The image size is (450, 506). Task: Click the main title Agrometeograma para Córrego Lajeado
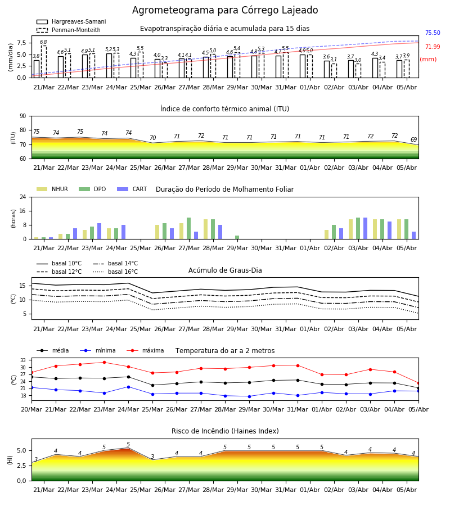click(x=225, y=10)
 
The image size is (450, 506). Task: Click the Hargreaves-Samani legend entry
click(x=71, y=21)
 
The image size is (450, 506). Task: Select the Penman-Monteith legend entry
click(x=69, y=30)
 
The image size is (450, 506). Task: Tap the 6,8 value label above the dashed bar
click(x=43, y=42)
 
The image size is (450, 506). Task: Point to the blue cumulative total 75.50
click(x=433, y=33)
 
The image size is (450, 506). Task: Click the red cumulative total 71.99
click(x=433, y=47)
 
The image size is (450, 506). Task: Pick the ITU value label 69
click(x=414, y=140)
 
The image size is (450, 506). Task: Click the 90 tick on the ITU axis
click(x=23, y=116)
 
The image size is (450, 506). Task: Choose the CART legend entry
click(x=132, y=189)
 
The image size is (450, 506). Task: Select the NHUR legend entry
click(x=52, y=189)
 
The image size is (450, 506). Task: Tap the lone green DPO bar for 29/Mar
click(x=237, y=237)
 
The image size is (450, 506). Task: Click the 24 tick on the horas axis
click(x=23, y=197)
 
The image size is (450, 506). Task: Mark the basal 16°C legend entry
click(x=115, y=272)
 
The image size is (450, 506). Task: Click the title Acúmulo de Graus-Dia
click(x=225, y=270)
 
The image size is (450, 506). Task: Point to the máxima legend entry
click(x=146, y=350)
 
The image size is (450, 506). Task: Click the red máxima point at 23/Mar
click(x=104, y=363)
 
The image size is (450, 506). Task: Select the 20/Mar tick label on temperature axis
click(x=31, y=409)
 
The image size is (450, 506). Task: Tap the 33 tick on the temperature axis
click(x=23, y=360)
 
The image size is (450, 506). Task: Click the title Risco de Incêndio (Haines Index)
click(x=225, y=431)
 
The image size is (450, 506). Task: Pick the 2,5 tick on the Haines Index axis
click(x=21, y=466)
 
